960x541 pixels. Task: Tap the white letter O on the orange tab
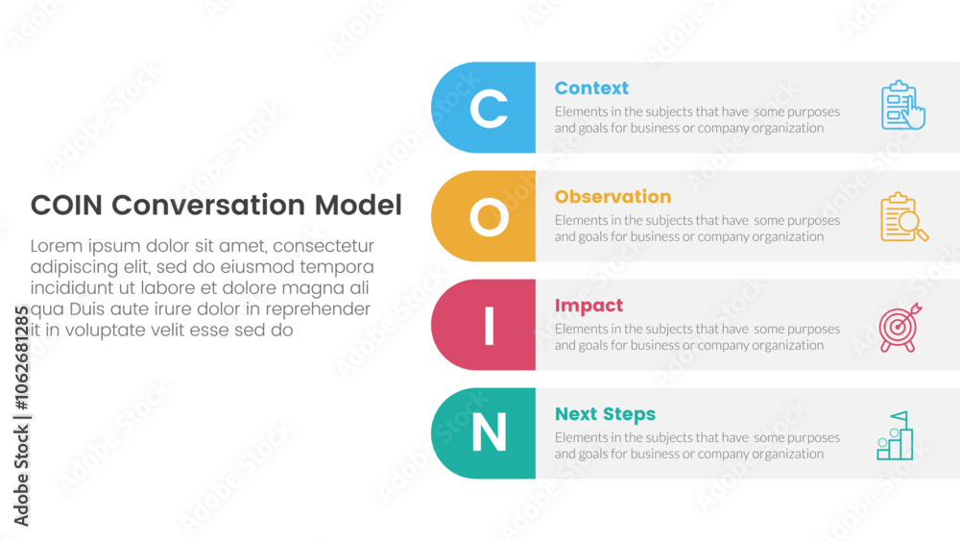point(490,217)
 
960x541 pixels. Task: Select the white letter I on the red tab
point(490,326)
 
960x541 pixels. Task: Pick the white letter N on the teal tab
point(490,432)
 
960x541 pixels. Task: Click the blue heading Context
point(591,88)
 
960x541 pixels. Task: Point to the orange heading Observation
point(612,197)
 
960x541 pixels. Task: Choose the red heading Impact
point(588,306)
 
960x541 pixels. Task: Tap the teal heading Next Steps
point(605,415)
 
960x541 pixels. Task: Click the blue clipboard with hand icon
point(903,106)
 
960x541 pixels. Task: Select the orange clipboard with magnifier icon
point(903,217)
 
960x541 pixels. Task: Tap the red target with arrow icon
point(900,327)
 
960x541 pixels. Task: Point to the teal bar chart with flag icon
point(895,435)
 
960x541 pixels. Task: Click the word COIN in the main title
point(66,206)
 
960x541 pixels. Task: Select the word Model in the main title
point(358,206)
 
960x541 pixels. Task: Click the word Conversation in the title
point(208,206)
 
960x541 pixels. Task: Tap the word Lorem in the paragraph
point(57,246)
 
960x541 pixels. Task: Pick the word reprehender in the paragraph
point(318,309)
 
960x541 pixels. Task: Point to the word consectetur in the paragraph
point(324,246)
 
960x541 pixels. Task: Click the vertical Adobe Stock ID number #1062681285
point(21,357)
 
